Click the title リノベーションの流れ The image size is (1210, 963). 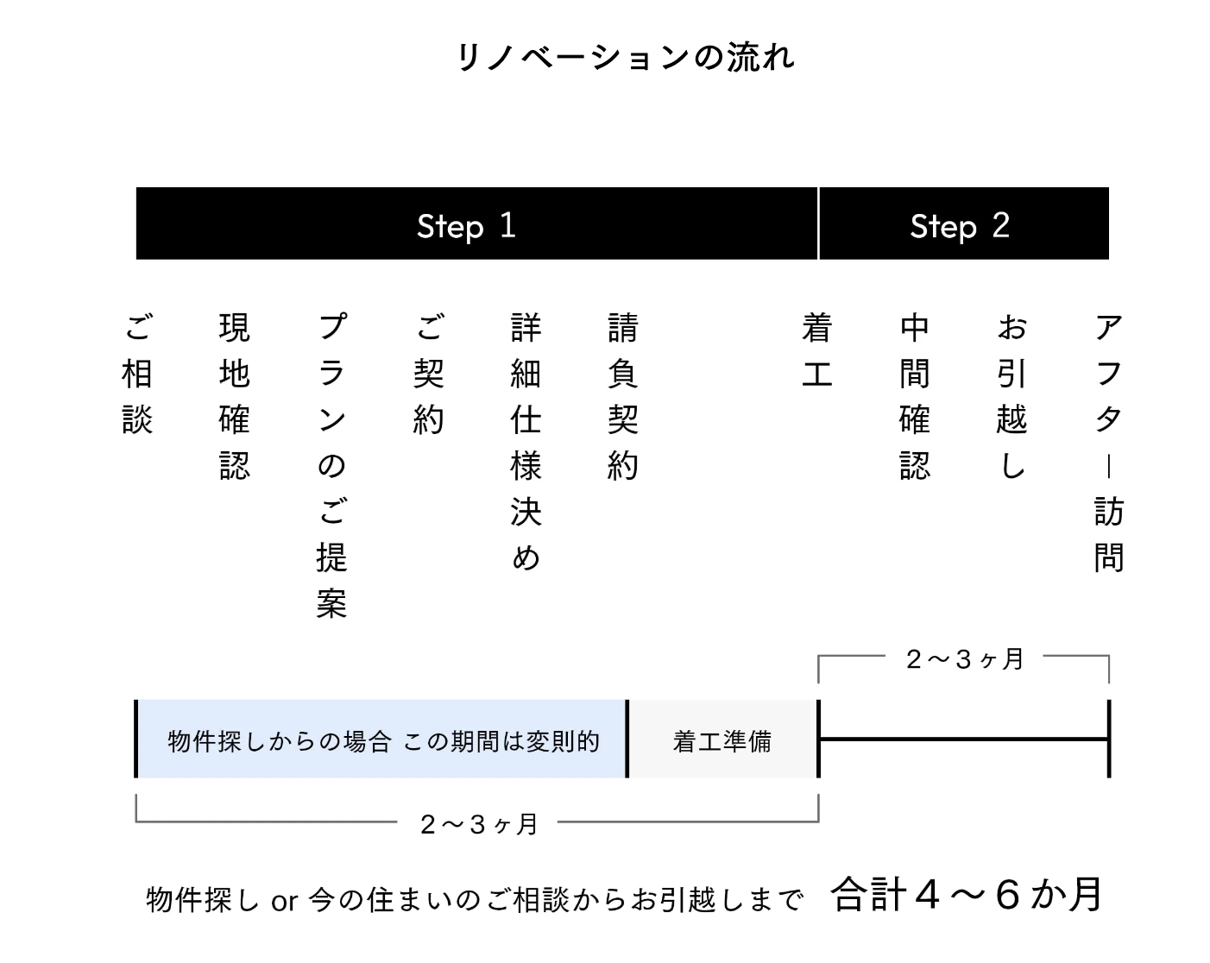[625, 57]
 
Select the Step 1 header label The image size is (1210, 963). [466, 226]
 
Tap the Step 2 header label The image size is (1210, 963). [960, 226]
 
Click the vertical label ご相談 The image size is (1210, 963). [137, 374]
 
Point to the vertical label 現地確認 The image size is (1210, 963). [235, 397]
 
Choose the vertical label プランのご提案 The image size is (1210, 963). [331, 466]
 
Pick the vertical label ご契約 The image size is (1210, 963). [429, 374]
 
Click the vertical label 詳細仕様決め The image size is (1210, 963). [526, 443]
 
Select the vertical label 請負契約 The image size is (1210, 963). [623, 397]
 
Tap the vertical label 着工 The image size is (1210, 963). [817, 351]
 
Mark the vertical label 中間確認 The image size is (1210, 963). [915, 397]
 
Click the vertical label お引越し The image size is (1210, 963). [1012, 397]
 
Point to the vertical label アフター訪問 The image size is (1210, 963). [1109, 443]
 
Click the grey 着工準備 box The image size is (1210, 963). [722, 739]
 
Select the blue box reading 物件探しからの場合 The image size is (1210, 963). [382, 739]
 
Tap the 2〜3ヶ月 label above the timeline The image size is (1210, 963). [964, 659]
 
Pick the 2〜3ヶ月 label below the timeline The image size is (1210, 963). [478, 824]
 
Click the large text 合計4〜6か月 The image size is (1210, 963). [966, 894]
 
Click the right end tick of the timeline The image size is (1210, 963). [1109, 739]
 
